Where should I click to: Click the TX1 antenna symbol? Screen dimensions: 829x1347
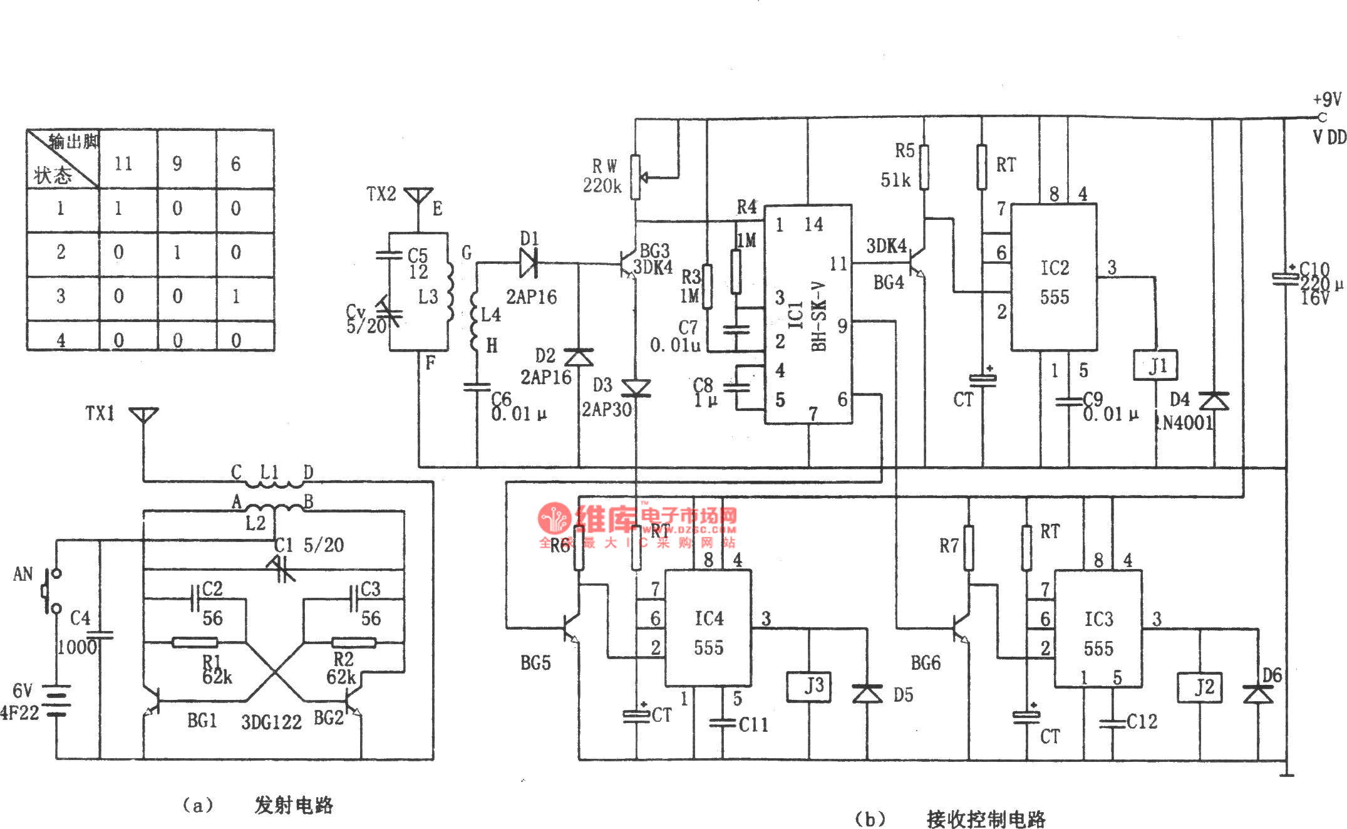coord(143,415)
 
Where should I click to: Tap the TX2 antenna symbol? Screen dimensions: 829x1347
coord(418,195)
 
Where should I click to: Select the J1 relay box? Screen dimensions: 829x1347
coord(1155,365)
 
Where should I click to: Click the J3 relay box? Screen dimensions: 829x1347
coord(809,686)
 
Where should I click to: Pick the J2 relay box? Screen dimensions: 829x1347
coord(1199,687)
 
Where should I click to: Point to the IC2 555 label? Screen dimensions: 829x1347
coord(1055,282)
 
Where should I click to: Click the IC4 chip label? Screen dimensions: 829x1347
coord(709,618)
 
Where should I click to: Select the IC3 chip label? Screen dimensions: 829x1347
coord(1098,619)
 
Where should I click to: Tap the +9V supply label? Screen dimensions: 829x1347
coord(1326,99)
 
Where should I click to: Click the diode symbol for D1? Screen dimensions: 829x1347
coord(528,263)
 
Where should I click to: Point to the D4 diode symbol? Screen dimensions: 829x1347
coord(1214,401)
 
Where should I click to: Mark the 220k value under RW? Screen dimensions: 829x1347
coord(602,185)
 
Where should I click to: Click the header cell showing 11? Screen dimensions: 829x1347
coord(123,164)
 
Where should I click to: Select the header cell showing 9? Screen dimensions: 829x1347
coord(177,164)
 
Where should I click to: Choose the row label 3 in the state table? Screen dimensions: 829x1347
coord(61,296)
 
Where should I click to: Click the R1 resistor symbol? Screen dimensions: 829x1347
coord(195,642)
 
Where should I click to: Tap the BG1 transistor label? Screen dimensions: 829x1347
coord(202,721)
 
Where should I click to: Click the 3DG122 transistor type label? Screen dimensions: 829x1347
coord(271,722)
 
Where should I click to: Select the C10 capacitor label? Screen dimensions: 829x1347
coord(1314,269)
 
